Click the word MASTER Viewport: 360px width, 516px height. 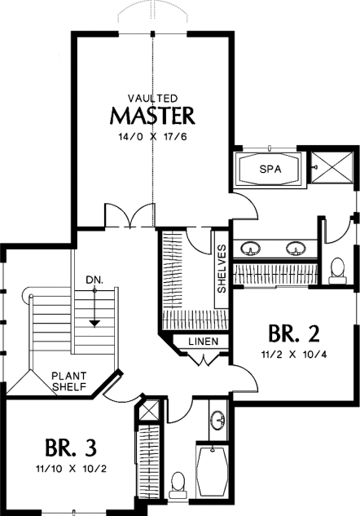click(x=152, y=116)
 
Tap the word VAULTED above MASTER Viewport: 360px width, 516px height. click(x=153, y=98)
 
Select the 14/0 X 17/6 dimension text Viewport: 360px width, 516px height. click(x=152, y=137)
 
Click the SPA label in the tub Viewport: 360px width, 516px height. click(x=270, y=170)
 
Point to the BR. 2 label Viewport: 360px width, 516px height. click(x=293, y=333)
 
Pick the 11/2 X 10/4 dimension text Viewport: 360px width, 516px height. click(x=294, y=355)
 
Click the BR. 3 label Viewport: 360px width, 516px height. click(x=71, y=448)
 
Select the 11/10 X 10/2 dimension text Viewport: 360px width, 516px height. click(x=71, y=469)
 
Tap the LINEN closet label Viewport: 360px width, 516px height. click(x=204, y=342)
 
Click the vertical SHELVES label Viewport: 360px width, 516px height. click(x=222, y=268)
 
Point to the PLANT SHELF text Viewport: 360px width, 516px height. click(x=69, y=381)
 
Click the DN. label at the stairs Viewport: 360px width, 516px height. click(x=94, y=280)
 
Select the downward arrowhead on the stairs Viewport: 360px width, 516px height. click(x=94, y=324)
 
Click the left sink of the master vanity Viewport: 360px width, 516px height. click(x=250, y=248)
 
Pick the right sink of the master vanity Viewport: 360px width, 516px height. click(x=296, y=248)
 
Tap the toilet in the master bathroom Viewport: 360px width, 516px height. click(x=338, y=271)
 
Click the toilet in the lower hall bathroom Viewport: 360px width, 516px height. click(x=178, y=485)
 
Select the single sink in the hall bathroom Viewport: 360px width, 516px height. click(x=218, y=420)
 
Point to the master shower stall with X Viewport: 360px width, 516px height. click(x=332, y=166)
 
